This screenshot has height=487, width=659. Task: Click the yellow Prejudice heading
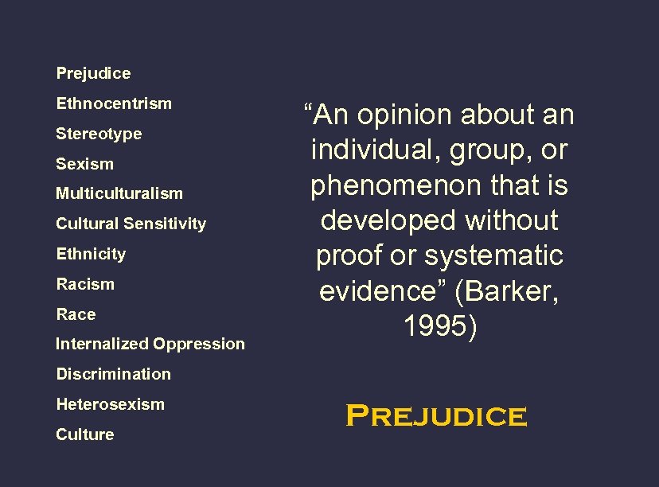[x=436, y=415]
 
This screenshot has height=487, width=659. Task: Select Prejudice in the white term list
[x=93, y=73]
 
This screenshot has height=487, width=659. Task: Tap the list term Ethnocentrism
[x=114, y=103]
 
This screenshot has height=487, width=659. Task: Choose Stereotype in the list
[x=99, y=134]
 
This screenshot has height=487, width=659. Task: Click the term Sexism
[x=84, y=164]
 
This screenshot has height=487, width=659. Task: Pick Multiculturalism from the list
[x=119, y=193]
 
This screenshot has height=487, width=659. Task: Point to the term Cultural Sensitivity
[x=131, y=224]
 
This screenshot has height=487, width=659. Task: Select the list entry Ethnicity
[x=91, y=254]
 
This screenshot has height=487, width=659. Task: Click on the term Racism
[x=85, y=284]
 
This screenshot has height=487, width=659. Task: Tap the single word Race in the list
[x=76, y=314]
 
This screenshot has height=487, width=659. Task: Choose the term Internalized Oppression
[x=150, y=344]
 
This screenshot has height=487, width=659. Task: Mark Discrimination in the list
[x=113, y=374]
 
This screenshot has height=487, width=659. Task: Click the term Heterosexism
[x=110, y=404]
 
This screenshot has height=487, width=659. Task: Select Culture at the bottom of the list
[x=84, y=434]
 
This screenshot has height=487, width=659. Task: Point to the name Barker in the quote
[x=511, y=291]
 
